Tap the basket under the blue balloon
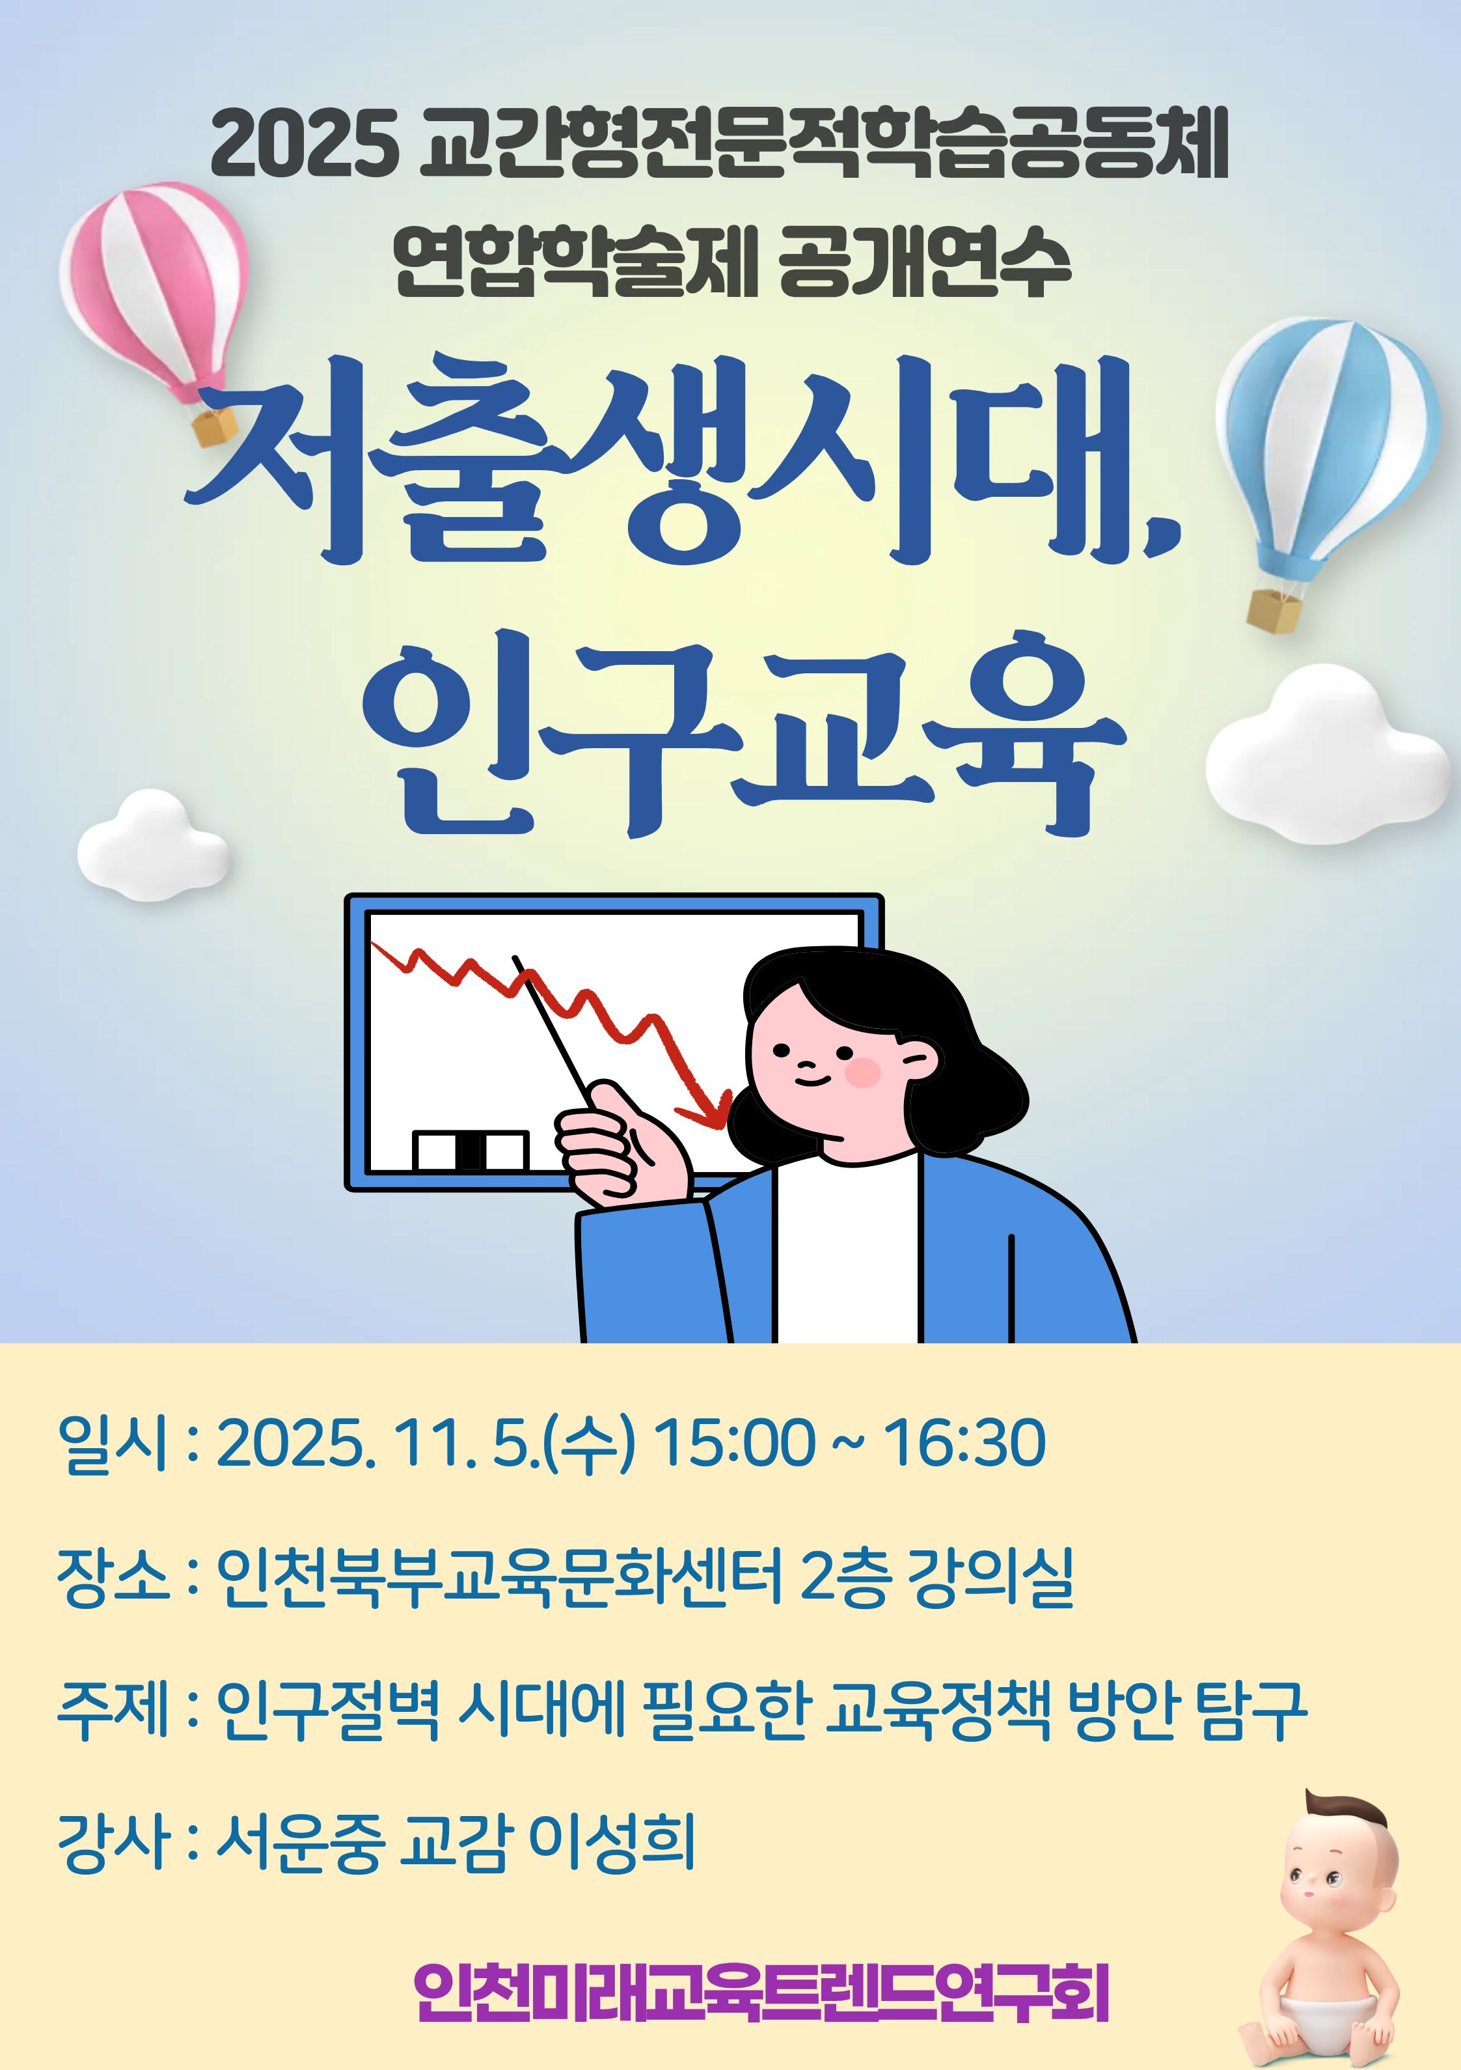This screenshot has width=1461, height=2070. click(x=1274, y=609)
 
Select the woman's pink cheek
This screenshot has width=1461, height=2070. click(x=862, y=1072)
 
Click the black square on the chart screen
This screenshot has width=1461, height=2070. click(x=471, y=1151)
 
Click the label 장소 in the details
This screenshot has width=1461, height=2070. click(x=113, y=1577)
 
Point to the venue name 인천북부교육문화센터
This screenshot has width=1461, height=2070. click(x=499, y=1577)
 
